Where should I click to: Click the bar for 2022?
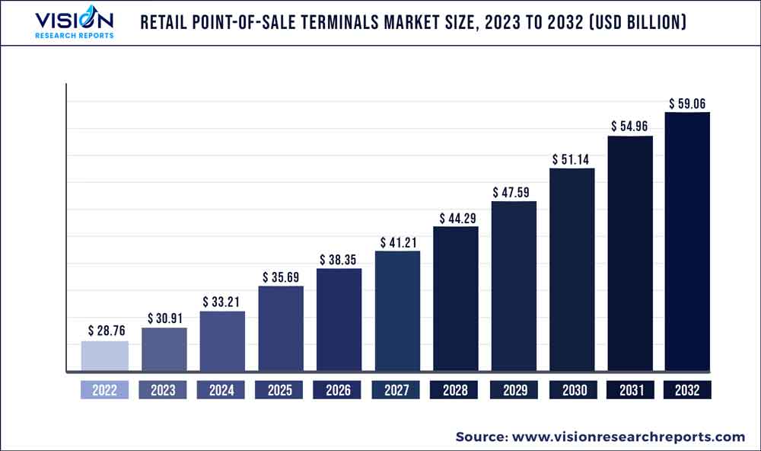point(105,357)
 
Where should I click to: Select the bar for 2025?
point(281,329)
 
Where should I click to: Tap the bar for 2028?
point(456,299)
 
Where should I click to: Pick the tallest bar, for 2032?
point(687,242)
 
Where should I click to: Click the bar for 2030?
point(572,270)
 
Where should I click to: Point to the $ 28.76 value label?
point(105,331)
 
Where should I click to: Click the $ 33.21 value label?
point(222,301)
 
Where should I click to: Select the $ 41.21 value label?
point(398,241)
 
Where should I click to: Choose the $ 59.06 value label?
point(687,102)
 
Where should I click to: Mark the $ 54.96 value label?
point(629,126)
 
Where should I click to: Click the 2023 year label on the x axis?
point(163,390)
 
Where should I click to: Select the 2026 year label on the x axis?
point(339,390)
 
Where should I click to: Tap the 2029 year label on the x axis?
point(514,390)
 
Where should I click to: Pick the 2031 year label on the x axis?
point(629,390)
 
